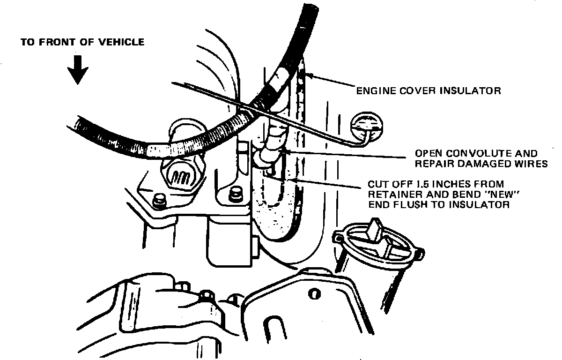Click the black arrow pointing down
(77, 69)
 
